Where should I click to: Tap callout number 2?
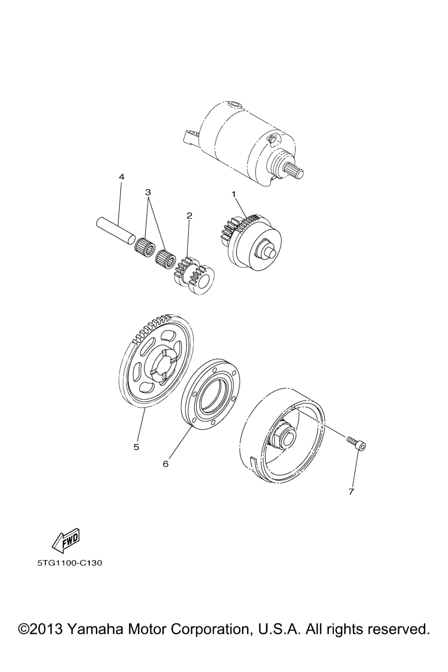click(189, 215)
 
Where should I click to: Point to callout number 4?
click(121, 177)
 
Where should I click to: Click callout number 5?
click(136, 455)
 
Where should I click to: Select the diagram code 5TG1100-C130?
click(70, 563)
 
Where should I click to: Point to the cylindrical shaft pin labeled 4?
click(114, 231)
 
